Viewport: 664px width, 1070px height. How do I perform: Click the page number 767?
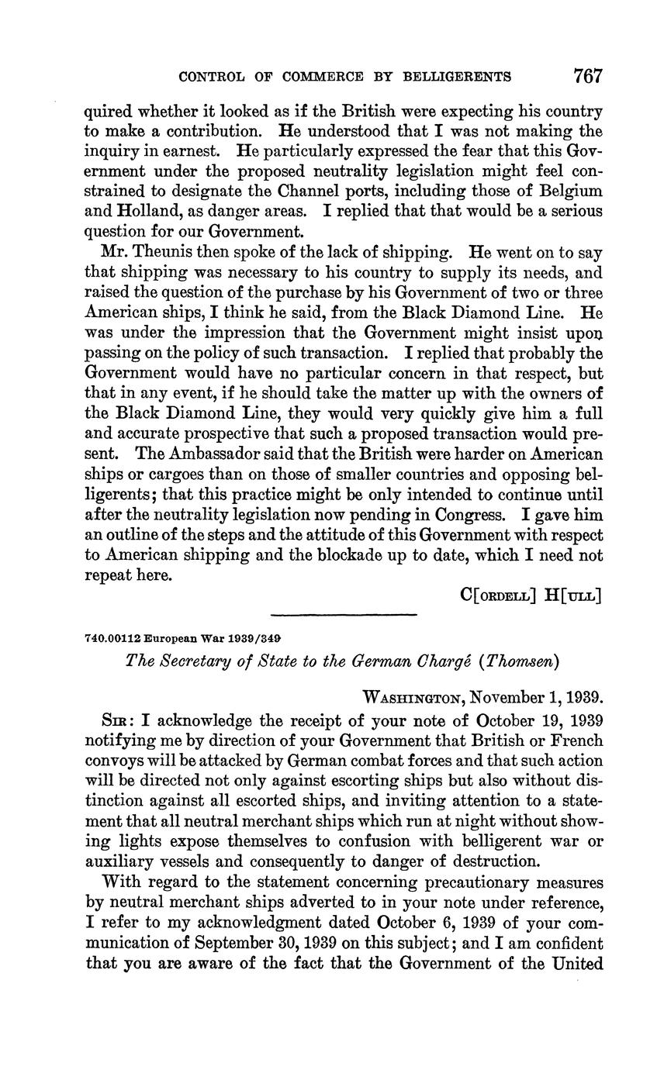[588, 76]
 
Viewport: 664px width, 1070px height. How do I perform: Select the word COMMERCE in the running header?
[325, 77]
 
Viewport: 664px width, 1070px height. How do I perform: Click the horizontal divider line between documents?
[344, 616]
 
